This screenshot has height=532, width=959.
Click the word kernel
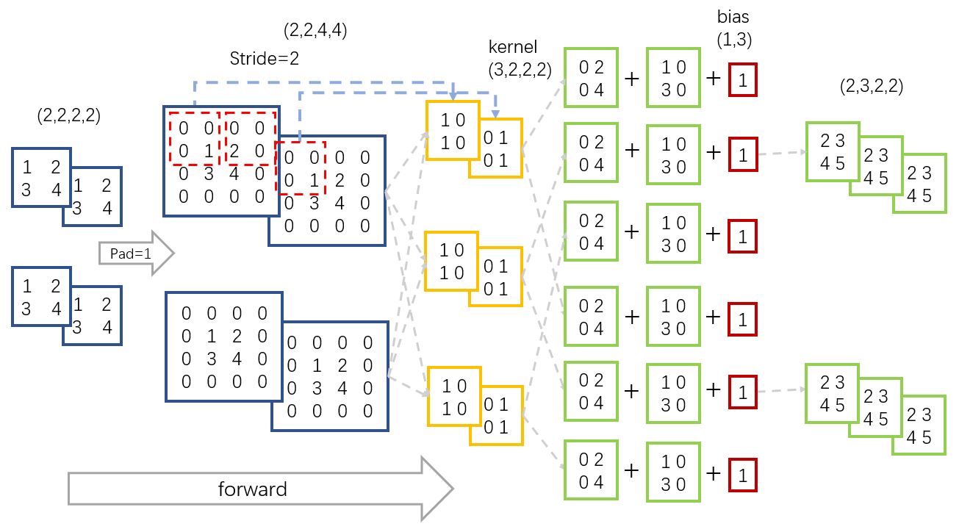(x=511, y=47)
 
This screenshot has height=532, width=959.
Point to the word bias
(x=733, y=15)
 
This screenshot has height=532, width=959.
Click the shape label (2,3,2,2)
(x=872, y=86)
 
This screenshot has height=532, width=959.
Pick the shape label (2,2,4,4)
(x=315, y=31)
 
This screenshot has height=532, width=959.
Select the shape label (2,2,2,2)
(x=68, y=115)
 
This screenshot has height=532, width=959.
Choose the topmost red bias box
(x=742, y=81)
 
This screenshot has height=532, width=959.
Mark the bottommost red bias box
(x=742, y=474)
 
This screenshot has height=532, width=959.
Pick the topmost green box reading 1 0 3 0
(x=672, y=73)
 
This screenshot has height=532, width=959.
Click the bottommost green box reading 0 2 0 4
(x=591, y=470)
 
